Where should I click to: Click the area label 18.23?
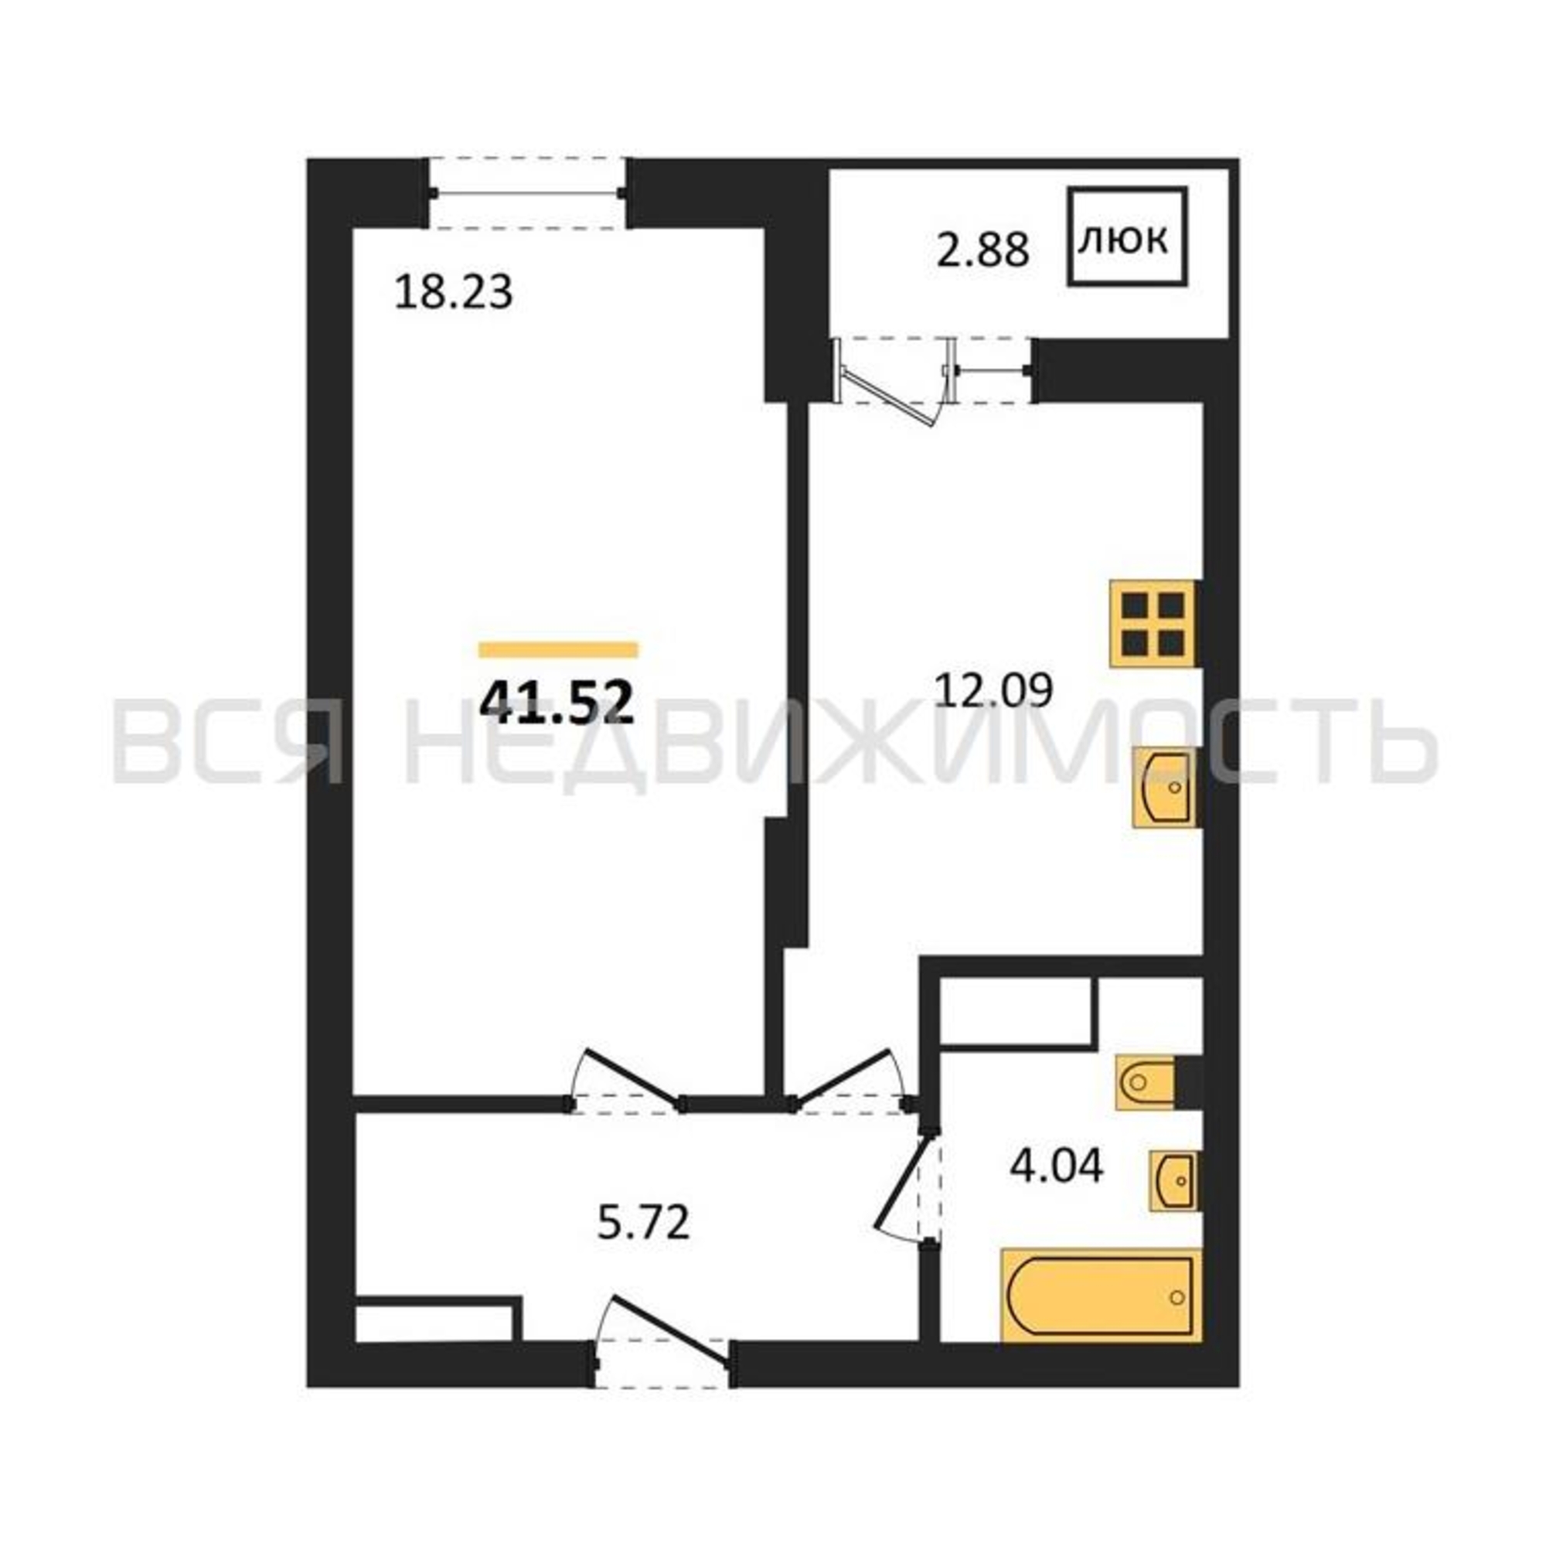point(454,292)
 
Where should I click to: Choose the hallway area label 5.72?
point(643,1223)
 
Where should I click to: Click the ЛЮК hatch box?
point(1127,237)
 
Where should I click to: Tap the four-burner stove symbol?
point(1153,624)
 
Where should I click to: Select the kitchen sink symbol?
point(1166,788)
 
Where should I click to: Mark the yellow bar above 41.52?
point(559,650)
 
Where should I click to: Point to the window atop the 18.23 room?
point(527,192)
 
